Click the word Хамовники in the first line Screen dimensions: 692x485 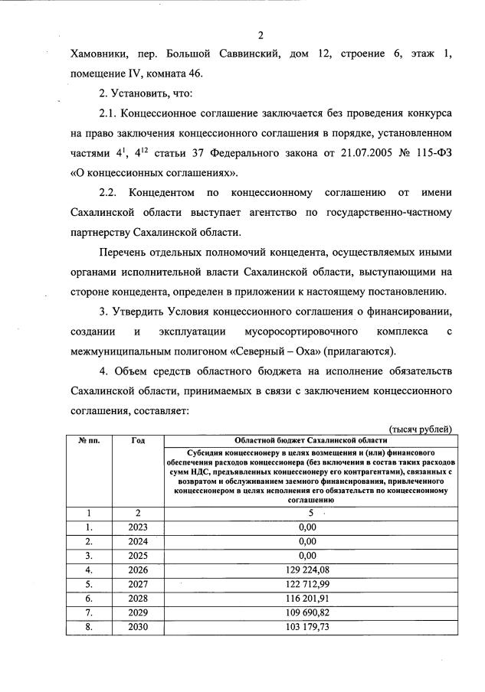coord(98,55)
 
